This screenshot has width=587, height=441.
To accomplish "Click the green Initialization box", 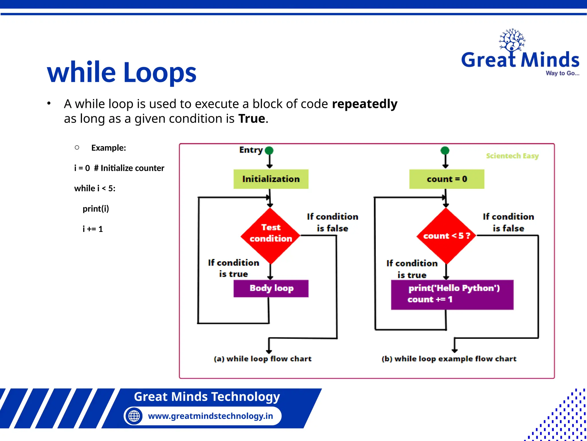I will [271, 179].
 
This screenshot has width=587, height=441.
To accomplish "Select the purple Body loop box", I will [271, 288].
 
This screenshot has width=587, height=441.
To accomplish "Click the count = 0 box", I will [447, 179].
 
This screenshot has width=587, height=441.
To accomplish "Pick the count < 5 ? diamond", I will [446, 236].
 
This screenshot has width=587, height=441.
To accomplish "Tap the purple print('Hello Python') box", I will [452, 294].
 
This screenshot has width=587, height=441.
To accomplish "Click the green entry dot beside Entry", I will [269, 150].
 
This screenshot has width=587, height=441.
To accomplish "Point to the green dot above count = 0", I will [445, 150].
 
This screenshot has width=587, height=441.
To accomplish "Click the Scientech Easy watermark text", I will [512, 156].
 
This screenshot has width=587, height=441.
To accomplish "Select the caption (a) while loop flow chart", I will [263, 359].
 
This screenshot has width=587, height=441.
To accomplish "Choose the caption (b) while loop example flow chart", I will [449, 359].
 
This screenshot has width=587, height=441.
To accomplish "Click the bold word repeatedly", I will [365, 104].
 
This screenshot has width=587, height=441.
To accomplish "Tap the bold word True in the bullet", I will [252, 119].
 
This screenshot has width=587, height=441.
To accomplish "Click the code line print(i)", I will [96, 209].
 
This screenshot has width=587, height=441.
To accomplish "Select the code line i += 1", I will [93, 229].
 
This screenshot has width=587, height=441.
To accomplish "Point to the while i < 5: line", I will [95, 188].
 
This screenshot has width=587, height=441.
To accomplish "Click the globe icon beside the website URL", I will [134, 416].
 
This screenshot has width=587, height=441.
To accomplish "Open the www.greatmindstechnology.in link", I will [210, 416].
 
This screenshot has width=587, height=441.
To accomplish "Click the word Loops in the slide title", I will [160, 72].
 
